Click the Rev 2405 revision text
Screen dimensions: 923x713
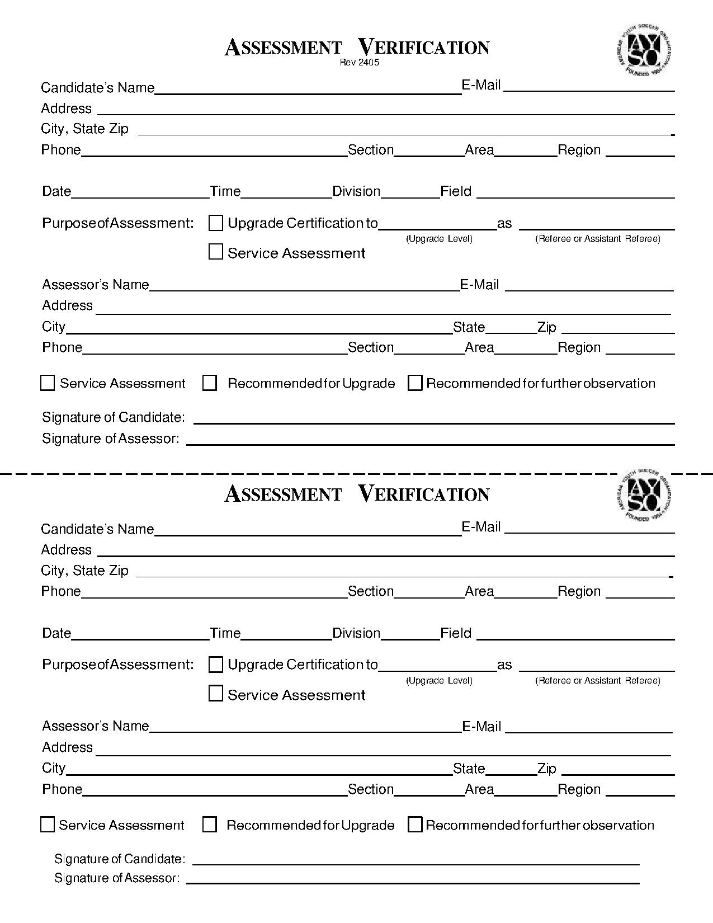tap(359, 63)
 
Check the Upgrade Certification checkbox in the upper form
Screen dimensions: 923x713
tap(216, 223)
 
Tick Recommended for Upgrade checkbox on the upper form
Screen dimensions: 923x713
tap(210, 383)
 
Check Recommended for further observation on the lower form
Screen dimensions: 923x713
tap(415, 825)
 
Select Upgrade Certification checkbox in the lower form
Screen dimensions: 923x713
tap(216, 665)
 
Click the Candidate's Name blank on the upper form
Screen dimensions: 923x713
tap(308, 90)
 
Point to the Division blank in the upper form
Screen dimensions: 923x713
tap(410, 193)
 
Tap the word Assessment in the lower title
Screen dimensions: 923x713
tap(283, 495)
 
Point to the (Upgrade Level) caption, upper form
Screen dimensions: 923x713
tap(439, 239)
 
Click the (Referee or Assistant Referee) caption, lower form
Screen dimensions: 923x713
tap(597, 681)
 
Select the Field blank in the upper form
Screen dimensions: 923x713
tap(575, 193)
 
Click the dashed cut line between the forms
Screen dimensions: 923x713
tap(280, 474)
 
